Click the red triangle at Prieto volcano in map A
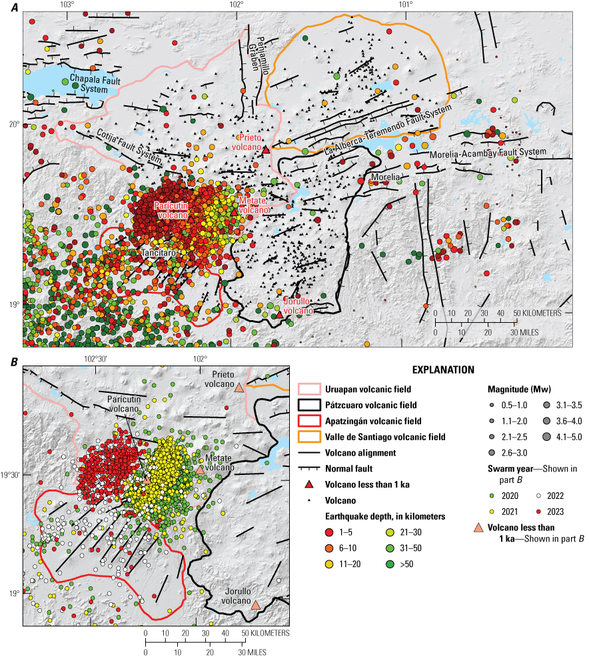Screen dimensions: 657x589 click(x=266, y=150)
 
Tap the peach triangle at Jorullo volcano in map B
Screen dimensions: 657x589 click(x=255, y=605)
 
